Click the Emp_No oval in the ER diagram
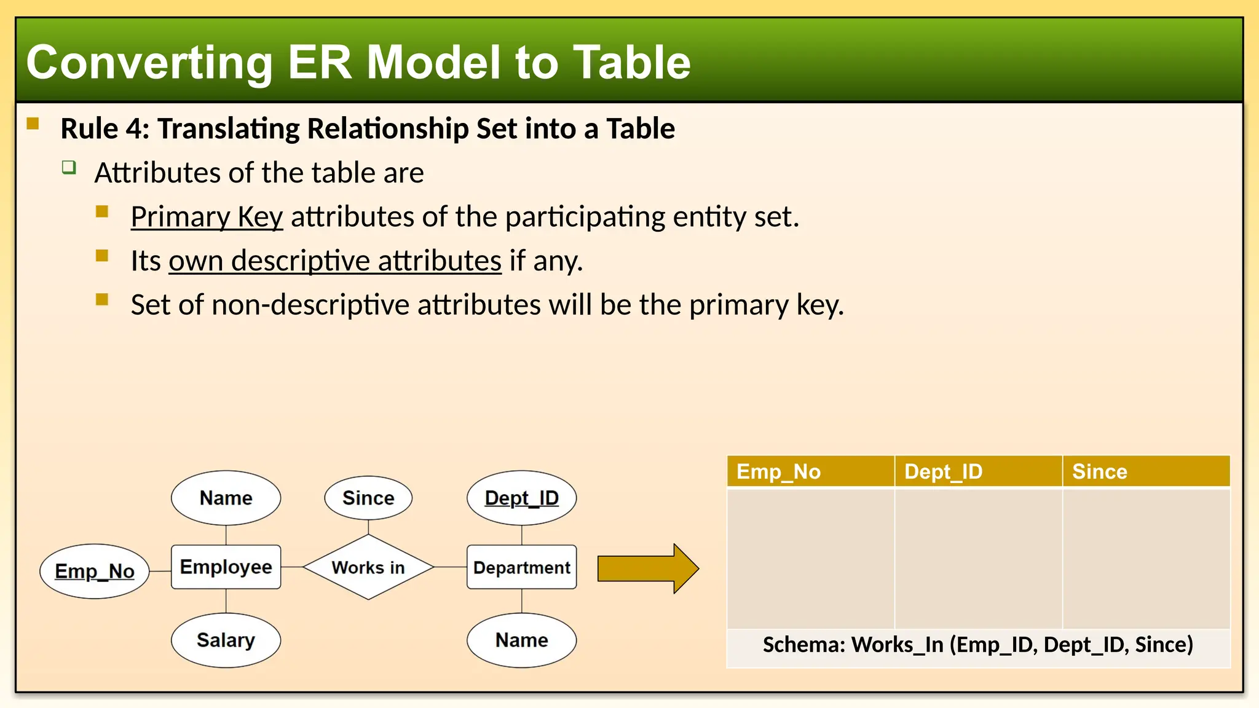point(95,571)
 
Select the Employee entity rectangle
point(226,567)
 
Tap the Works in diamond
point(368,567)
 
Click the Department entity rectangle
point(521,567)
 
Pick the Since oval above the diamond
point(368,498)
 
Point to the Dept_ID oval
point(521,498)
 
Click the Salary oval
point(226,640)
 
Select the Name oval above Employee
point(226,498)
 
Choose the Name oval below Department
point(521,640)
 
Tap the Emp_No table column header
point(810,471)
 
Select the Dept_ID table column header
point(977,471)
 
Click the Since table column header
point(1146,471)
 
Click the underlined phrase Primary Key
point(207,217)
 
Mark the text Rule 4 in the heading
point(105,128)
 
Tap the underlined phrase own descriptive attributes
point(335,261)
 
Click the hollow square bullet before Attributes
point(69,167)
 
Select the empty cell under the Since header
point(1146,558)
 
